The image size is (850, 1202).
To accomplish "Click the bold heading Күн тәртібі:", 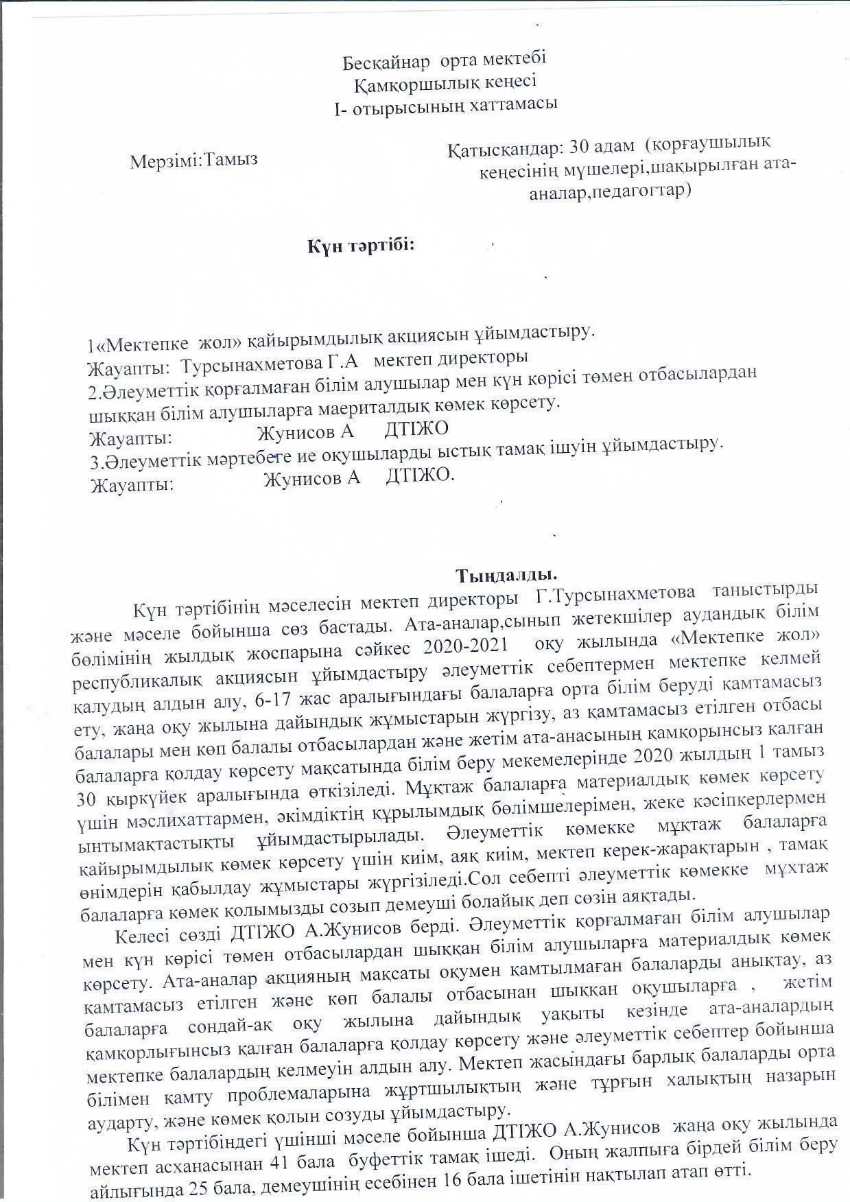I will click(x=361, y=245).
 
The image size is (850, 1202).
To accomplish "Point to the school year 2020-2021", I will click(x=466, y=646).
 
